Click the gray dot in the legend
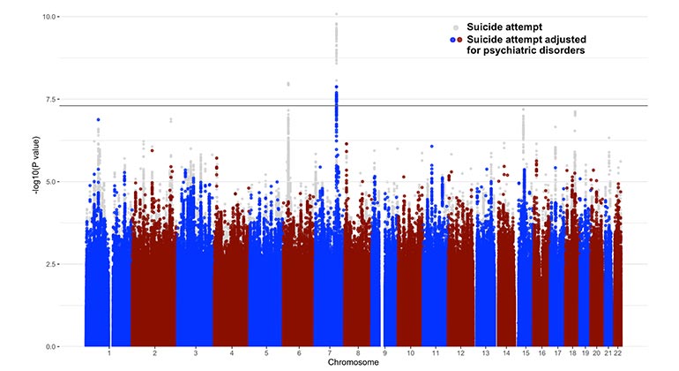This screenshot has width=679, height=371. pos(455,27)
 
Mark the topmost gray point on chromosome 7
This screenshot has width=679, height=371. pos(336,14)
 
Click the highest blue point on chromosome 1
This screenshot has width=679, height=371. pos(98,119)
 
